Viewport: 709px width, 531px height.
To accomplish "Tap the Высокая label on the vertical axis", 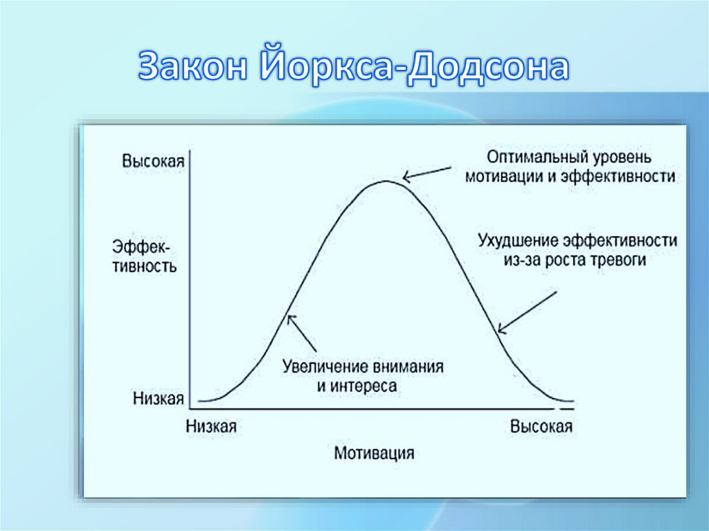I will click(153, 161).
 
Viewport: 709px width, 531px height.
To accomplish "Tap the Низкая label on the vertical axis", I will click(158, 398).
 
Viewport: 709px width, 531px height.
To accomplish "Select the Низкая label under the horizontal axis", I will click(211, 426).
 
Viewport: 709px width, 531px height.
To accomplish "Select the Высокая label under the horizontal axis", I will click(541, 426).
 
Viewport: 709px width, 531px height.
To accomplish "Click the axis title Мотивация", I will click(374, 453).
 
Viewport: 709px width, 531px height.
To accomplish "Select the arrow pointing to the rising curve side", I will click(302, 332).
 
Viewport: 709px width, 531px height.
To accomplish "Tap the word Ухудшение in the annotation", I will click(518, 241).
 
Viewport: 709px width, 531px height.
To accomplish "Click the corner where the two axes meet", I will click(190, 409).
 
